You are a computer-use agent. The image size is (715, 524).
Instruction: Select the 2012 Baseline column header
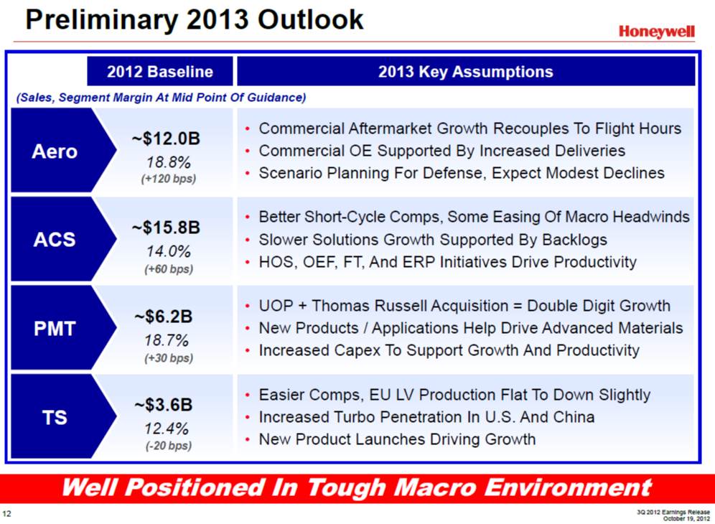(x=160, y=72)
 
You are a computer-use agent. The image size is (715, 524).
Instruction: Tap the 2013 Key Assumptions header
(x=466, y=72)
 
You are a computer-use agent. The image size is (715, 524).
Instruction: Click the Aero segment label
(x=55, y=151)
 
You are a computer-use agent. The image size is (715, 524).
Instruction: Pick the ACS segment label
(x=55, y=240)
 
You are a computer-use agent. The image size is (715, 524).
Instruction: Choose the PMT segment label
(x=55, y=329)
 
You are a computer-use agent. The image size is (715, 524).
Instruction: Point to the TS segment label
(x=55, y=417)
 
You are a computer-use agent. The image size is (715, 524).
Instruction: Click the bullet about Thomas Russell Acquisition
(x=464, y=306)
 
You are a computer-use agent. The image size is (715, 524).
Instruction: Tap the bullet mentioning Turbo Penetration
(x=426, y=417)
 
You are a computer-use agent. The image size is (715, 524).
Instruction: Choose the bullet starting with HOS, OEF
(x=447, y=262)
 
